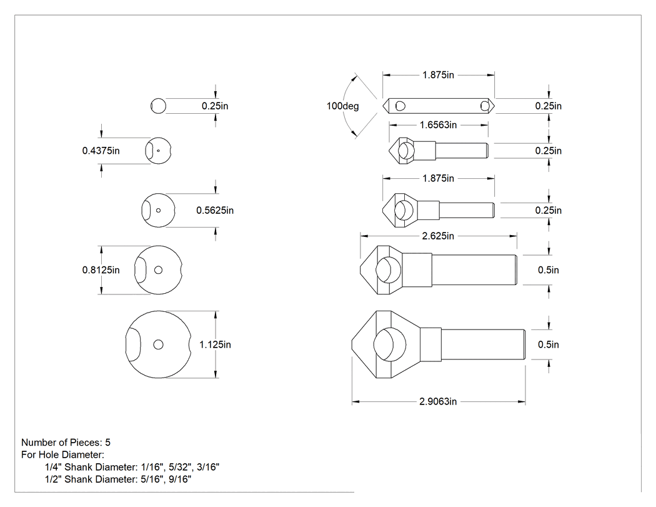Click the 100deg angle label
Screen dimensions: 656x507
click(342, 106)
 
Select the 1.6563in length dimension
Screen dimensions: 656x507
click(438, 125)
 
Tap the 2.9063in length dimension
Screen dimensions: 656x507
click(438, 402)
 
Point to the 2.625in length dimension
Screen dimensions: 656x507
click(438, 236)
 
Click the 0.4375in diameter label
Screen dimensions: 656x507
click(101, 151)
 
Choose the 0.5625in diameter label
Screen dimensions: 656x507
click(215, 210)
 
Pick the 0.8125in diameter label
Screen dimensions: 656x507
click(101, 270)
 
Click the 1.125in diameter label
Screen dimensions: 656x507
click(215, 344)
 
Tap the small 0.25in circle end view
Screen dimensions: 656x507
click(158, 99)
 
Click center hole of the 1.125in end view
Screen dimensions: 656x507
click(158, 344)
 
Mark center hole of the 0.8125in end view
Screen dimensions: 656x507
click(158, 270)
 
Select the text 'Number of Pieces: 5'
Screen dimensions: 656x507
click(66, 443)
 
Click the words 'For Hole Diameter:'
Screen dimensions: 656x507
click(62, 454)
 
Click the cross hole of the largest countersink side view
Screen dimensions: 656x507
click(389, 344)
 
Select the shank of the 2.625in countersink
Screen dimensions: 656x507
click(474, 270)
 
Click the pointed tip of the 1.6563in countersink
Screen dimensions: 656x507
click(389, 151)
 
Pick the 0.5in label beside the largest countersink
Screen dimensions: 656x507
click(549, 344)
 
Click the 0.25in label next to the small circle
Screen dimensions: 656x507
click(215, 106)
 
